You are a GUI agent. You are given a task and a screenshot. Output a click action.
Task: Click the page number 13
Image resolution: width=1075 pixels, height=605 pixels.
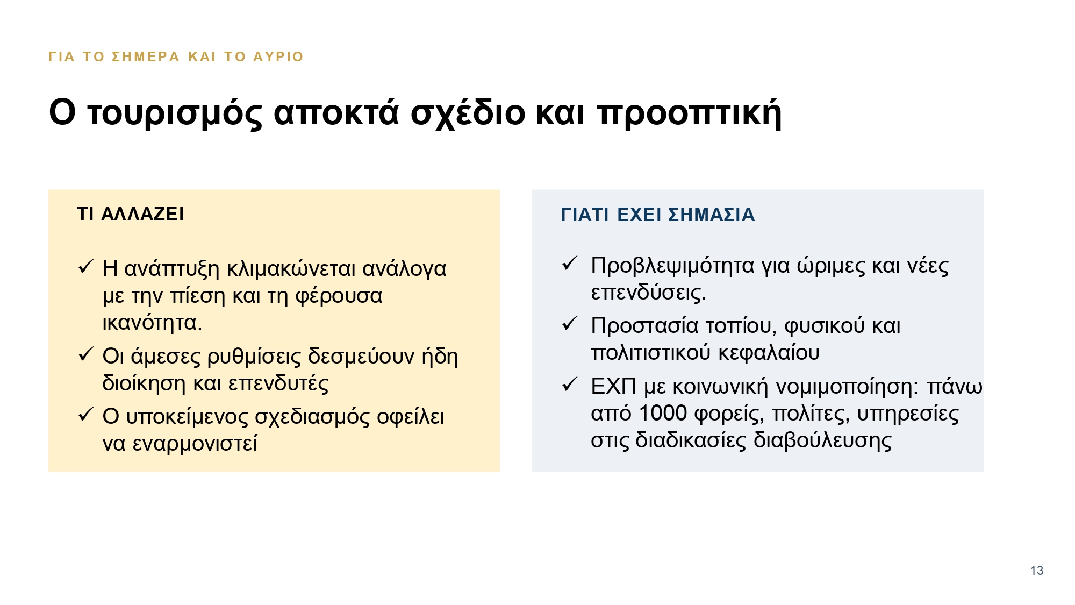coord(1037,571)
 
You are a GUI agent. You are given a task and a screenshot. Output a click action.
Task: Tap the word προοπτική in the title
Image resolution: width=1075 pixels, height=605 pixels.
coord(689,113)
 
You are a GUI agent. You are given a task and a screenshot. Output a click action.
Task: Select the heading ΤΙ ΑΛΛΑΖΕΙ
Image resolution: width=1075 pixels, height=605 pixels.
coord(131,214)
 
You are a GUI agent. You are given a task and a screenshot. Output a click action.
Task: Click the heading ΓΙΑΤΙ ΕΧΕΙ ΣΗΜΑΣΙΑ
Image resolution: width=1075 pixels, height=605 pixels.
coord(658,215)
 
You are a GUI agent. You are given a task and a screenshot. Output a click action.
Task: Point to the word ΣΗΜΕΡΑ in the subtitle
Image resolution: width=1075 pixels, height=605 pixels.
coord(146,56)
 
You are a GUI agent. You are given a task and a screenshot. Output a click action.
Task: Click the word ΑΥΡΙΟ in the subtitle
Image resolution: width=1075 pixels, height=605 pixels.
coord(278,56)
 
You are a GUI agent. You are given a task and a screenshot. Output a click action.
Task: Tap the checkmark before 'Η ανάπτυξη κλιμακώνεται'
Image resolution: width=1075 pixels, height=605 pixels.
coord(86,267)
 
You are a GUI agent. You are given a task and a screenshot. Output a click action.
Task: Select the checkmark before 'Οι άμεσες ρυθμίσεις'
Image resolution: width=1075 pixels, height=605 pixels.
coord(86,354)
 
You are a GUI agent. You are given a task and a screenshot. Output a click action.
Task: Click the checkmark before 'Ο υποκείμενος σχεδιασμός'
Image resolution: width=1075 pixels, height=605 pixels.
coord(86,415)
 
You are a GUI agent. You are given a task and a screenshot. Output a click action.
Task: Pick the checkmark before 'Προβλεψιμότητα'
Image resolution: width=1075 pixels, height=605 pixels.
coord(570,264)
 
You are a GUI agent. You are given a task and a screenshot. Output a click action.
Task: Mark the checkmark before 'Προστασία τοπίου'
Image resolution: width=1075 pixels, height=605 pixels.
coord(570,324)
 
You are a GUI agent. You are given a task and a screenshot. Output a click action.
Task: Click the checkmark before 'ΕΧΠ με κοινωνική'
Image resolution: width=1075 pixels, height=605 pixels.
coord(570,385)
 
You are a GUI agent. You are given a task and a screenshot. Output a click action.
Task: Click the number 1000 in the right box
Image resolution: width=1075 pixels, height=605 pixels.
coord(663,413)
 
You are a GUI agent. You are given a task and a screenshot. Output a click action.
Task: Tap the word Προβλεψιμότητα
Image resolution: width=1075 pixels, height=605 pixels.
coord(673,266)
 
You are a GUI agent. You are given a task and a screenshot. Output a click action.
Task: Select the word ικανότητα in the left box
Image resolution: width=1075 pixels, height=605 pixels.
coord(152,323)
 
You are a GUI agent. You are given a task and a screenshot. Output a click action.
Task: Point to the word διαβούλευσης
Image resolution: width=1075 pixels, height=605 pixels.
coord(822,440)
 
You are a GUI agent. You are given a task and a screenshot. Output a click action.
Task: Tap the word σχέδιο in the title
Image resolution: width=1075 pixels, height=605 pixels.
coord(468,113)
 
